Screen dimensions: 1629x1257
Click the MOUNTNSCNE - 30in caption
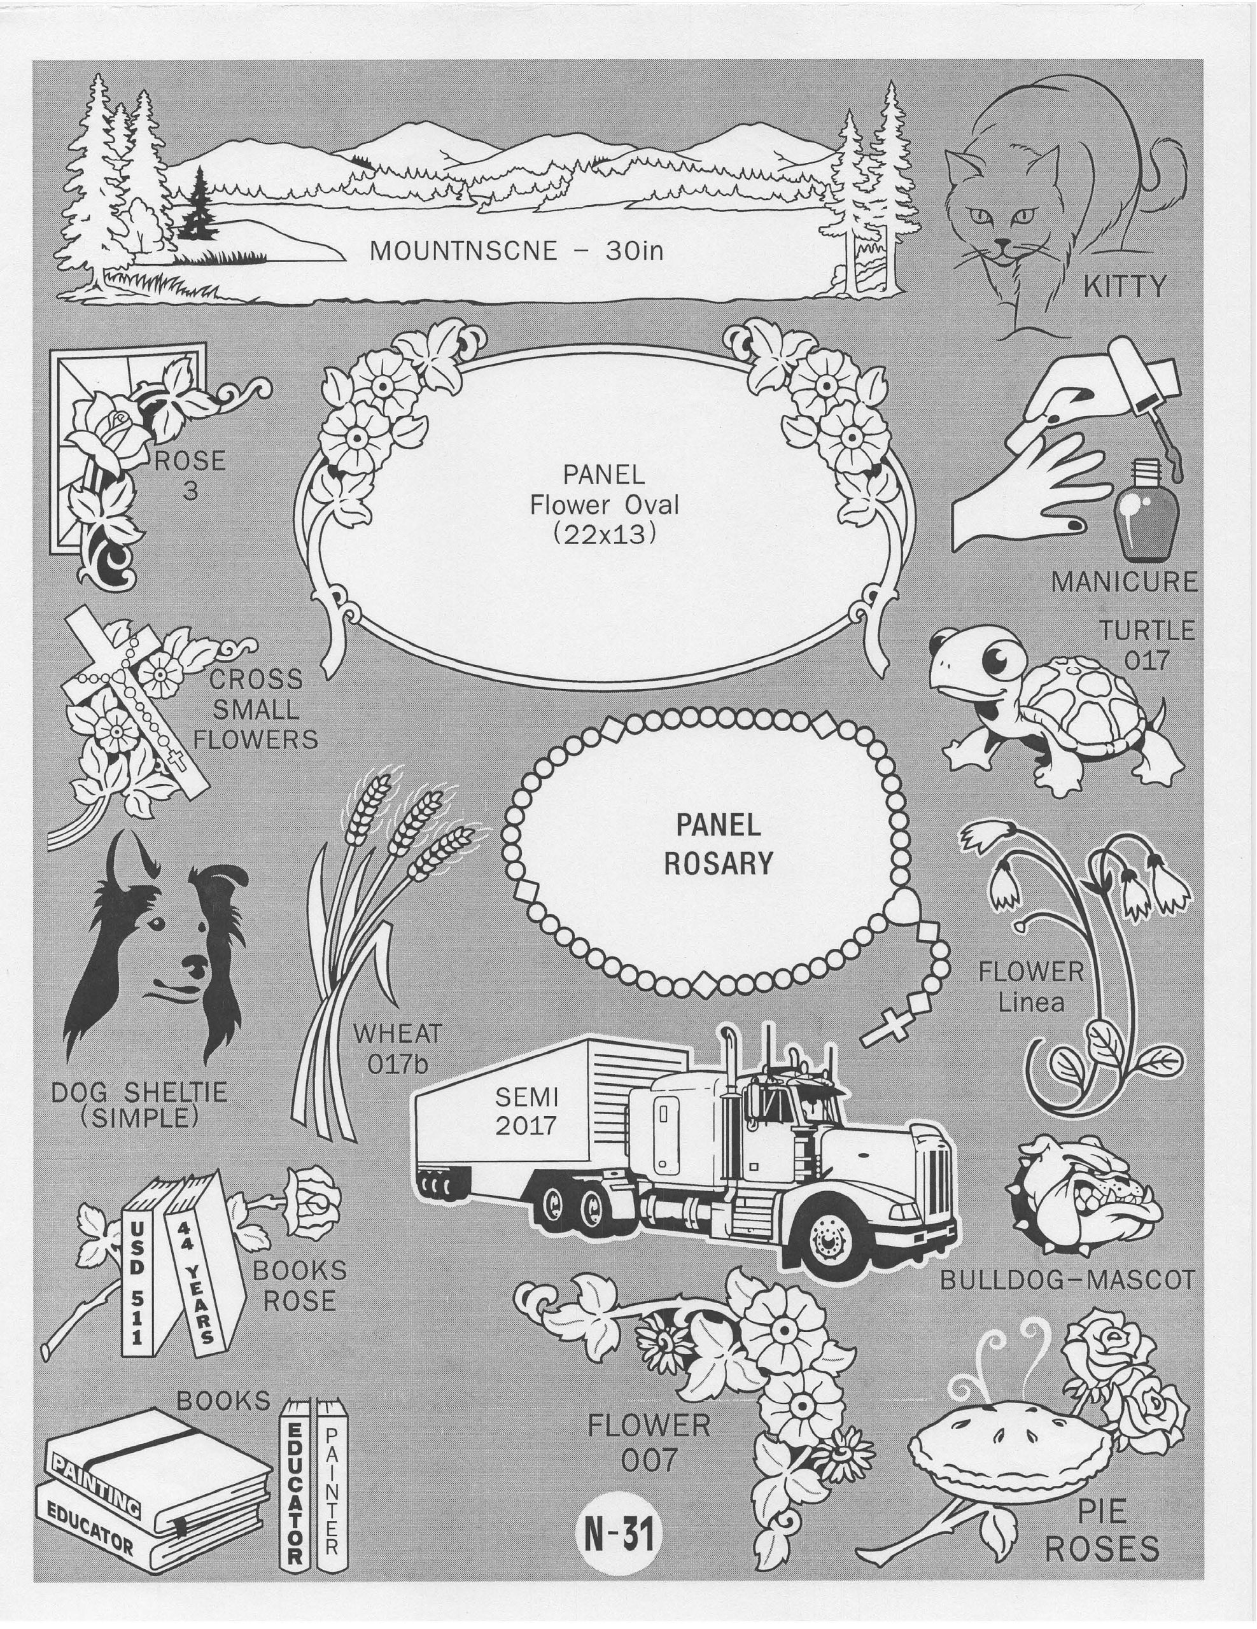coord(516,251)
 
